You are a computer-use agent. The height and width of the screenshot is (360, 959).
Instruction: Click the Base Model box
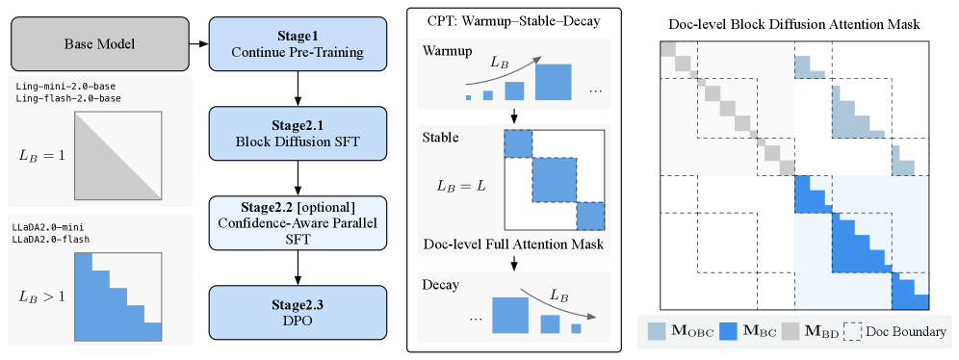point(100,43)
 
